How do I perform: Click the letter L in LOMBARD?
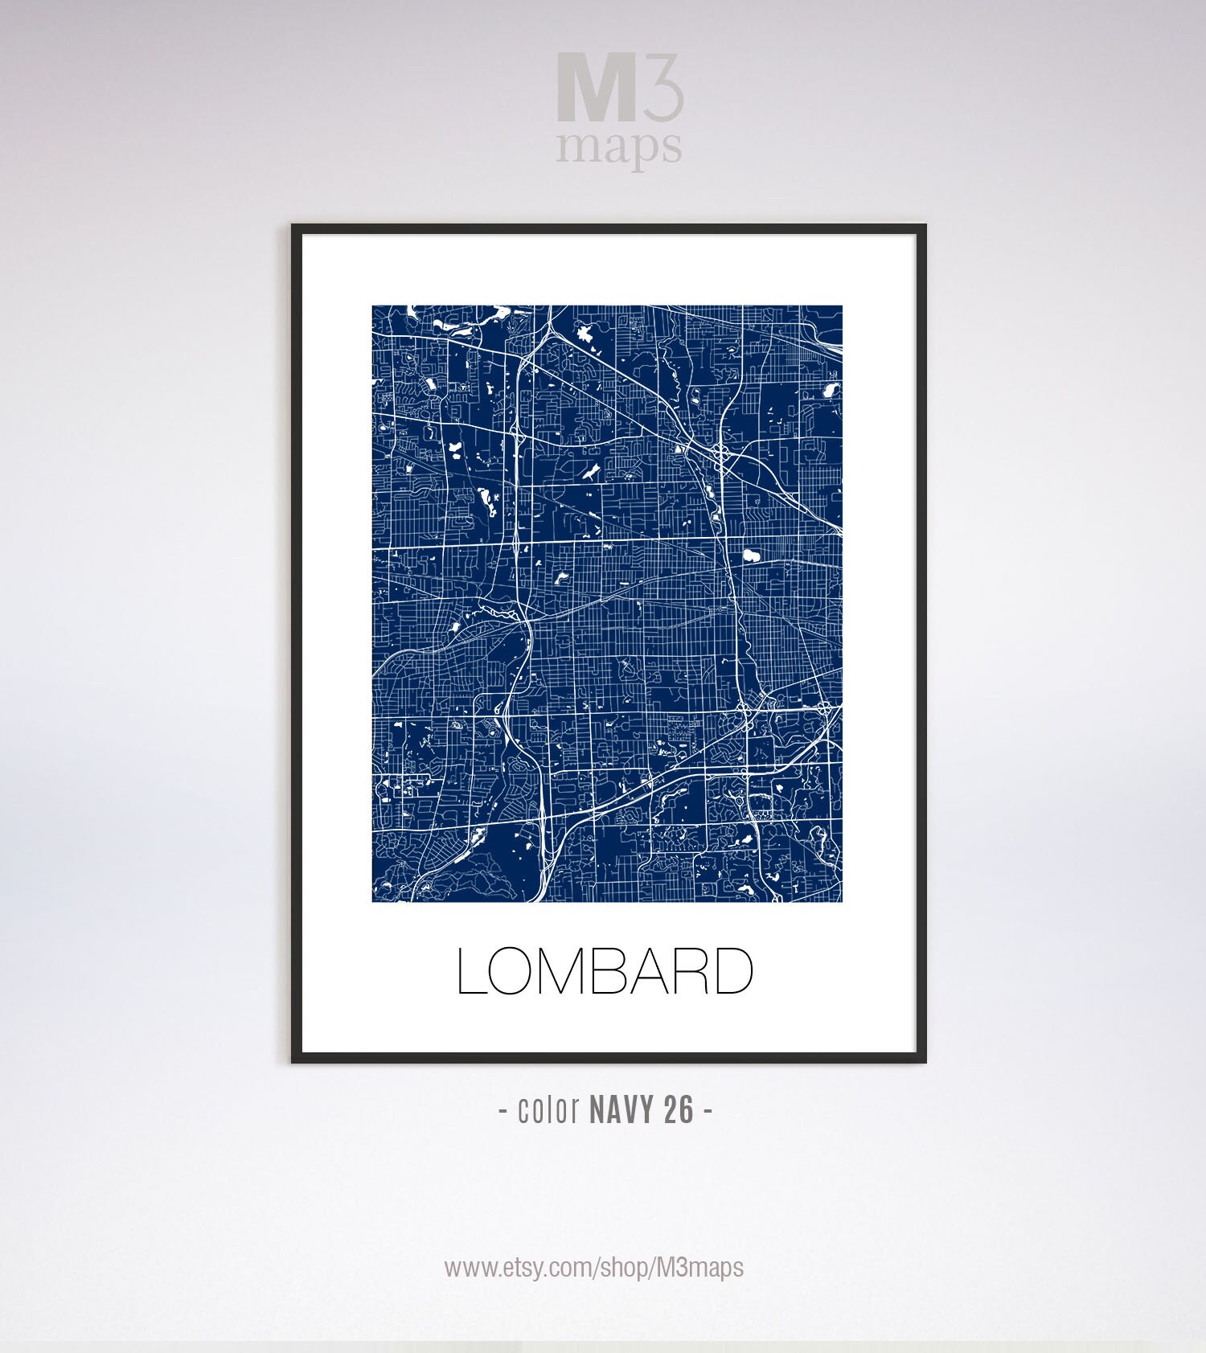(472, 971)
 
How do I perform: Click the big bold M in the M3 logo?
(597, 89)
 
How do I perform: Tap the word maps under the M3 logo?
(619, 146)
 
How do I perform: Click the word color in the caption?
(549, 1110)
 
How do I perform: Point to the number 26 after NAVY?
(679, 1110)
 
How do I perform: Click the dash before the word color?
(503, 1112)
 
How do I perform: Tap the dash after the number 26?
(708, 1112)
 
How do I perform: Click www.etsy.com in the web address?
(518, 1268)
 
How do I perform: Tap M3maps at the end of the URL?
(699, 1268)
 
